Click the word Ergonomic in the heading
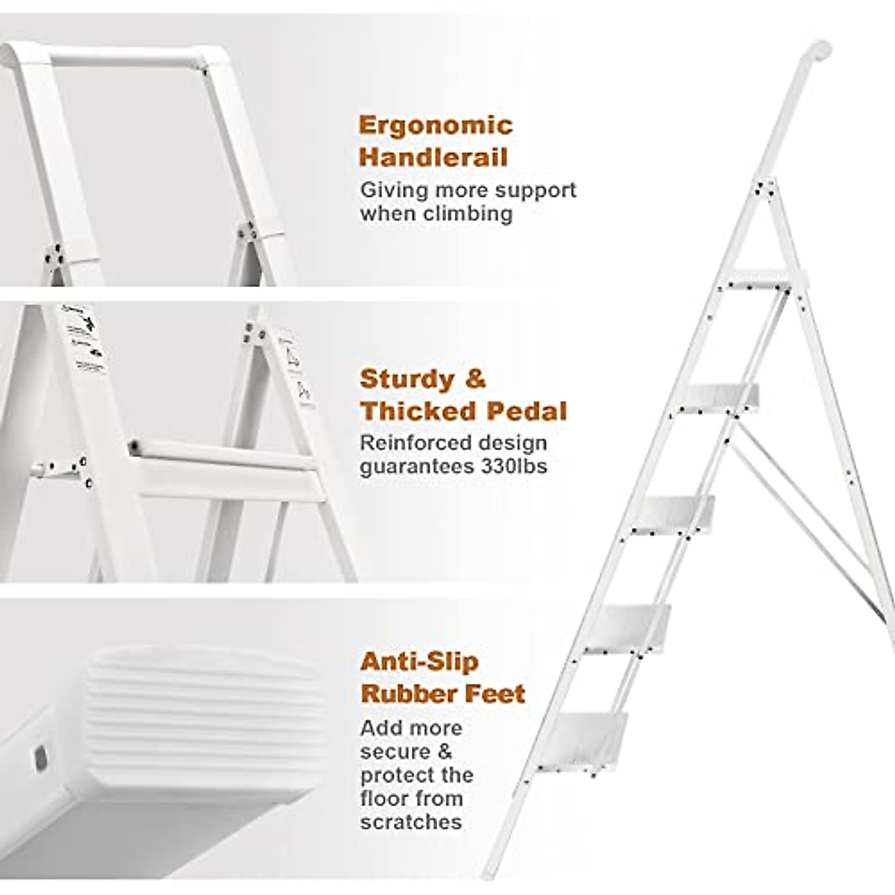[x=436, y=125]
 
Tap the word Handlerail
[x=433, y=157]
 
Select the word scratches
[x=411, y=822]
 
